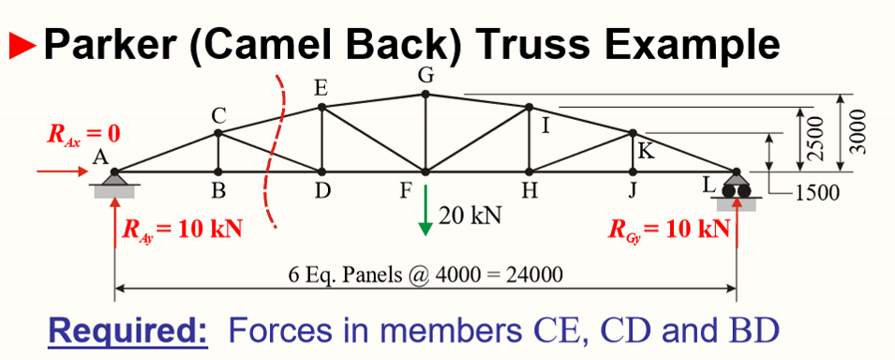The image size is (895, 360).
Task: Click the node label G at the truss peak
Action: click(x=425, y=75)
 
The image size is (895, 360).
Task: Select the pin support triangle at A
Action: click(x=114, y=180)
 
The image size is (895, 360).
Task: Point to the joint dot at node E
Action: click(x=321, y=107)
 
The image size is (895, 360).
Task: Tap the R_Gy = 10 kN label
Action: click(x=669, y=229)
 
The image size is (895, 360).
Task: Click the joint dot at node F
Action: click(x=425, y=172)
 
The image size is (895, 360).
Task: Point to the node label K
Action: click(x=645, y=150)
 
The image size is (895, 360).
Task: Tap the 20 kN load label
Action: click(x=470, y=215)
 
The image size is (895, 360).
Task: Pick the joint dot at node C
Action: click(x=218, y=132)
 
